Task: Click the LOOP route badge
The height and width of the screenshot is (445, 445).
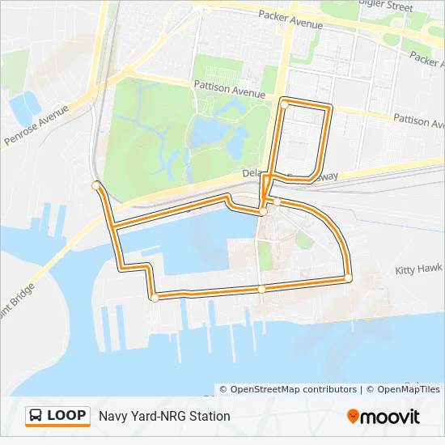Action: (x=57, y=416)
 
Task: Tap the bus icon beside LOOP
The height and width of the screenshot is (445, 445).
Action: (x=36, y=416)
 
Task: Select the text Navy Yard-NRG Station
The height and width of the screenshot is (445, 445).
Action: (x=164, y=416)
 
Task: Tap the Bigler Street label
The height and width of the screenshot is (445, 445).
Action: (x=386, y=6)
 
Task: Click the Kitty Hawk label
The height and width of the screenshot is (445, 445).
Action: (x=419, y=269)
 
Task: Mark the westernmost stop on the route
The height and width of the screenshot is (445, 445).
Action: (x=96, y=185)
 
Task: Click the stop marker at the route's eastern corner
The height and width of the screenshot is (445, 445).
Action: (x=349, y=278)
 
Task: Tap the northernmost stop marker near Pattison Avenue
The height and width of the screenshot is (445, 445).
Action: (x=284, y=104)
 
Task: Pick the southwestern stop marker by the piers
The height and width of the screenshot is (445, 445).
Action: (x=155, y=298)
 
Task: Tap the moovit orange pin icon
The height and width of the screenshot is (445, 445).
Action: (x=353, y=417)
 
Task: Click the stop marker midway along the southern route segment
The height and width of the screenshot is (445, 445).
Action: (x=261, y=288)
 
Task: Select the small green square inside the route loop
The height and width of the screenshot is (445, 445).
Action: (x=304, y=239)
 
